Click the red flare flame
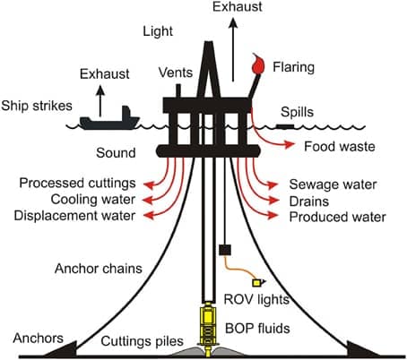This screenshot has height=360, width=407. coord(258,64)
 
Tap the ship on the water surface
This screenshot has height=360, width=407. coord(109,120)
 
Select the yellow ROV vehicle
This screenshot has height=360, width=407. coord(258,282)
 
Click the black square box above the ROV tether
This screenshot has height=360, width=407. coord(225,250)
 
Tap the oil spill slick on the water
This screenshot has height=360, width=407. coord(285,126)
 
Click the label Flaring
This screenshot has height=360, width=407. coord(293,67)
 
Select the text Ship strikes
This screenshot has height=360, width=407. coord(37,106)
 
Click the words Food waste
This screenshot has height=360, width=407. coord(340,147)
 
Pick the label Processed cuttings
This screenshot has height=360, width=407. coord(78,183)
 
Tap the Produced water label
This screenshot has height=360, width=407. coord(338,217)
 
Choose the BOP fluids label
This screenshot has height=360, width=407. coord(257,329)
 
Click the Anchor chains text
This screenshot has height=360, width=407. coord(99,269)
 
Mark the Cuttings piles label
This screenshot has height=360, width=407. coord(142,341)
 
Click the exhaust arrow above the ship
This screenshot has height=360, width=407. coord(100,100)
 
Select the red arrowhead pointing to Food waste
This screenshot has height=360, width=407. coord(290,144)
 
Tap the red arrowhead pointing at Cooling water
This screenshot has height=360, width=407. coord(148,200)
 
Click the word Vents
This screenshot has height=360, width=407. coord(176,73)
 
